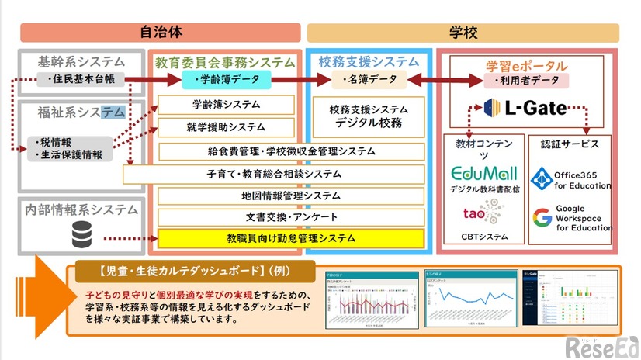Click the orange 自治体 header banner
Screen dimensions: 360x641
coord(161,33)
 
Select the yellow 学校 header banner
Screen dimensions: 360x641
coord(463,33)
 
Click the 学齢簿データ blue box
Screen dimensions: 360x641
coord(227,80)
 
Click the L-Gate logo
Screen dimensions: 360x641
coord(525,108)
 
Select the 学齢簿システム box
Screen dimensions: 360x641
coord(226,105)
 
